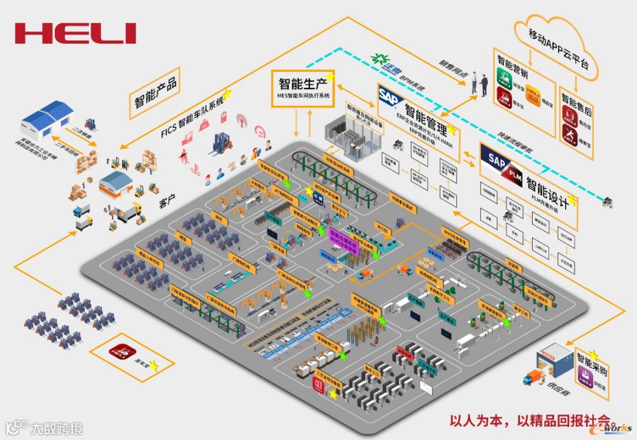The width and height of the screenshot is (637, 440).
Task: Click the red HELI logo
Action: coord(75,33)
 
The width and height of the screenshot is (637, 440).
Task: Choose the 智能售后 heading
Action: coord(576,100)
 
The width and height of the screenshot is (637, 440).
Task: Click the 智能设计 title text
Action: coord(547,193)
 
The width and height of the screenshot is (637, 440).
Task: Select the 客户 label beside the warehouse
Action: coord(168,203)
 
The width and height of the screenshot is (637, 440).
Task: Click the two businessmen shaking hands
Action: coord(480,85)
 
